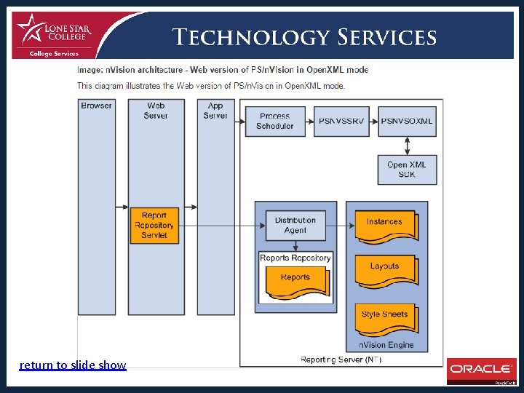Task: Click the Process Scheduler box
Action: pyautogui.click(x=274, y=121)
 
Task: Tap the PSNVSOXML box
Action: pyautogui.click(x=407, y=121)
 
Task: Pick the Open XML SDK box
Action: pyautogui.click(x=407, y=170)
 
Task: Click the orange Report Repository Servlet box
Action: pyautogui.click(x=154, y=225)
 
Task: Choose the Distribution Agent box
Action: pyautogui.click(x=295, y=225)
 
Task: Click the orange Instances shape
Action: pyautogui.click(x=385, y=225)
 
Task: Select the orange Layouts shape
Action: pyautogui.click(x=385, y=269)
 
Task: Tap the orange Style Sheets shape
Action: pyautogui.click(x=385, y=317)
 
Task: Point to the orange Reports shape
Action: pyautogui.click(x=295, y=281)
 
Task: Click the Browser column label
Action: pyautogui.click(x=97, y=106)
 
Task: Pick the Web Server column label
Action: pyautogui.click(x=155, y=111)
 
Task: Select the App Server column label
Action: pyautogui.click(x=215, y=111)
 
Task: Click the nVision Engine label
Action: pyautogui.click(x=386, y=345)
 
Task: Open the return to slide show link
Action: pyautogui.click(x=73, y=365)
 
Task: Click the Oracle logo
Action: pyautogui.click(x=480, y=370)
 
